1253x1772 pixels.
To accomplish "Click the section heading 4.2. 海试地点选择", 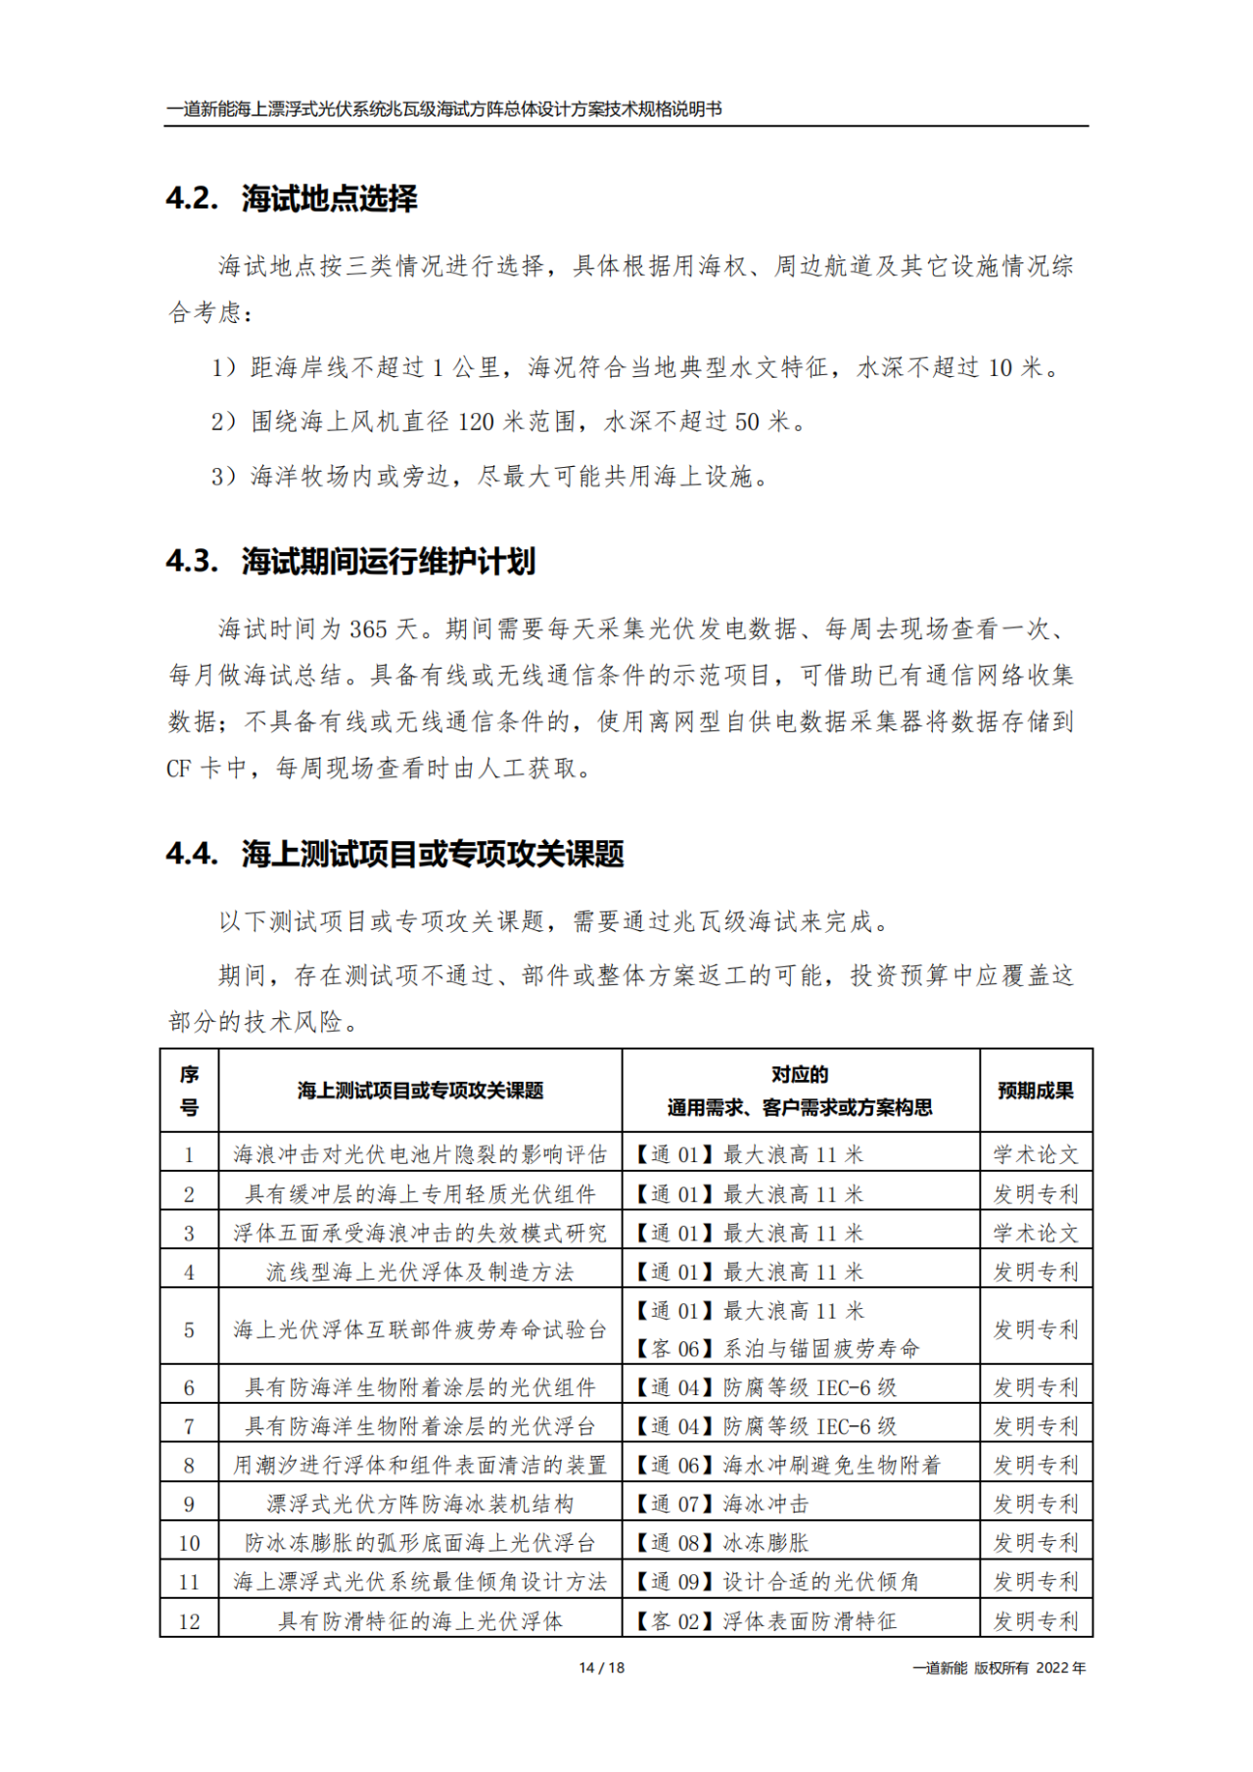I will click(x=292, y=199).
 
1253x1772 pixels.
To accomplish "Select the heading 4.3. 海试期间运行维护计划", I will click(x=350, y=562).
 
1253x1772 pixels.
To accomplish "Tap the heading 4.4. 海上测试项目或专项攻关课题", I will click(x=394, y=854).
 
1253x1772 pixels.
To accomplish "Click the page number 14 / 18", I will click(x=601, y=1667).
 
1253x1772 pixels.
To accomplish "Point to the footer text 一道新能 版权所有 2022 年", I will click(x=998, y=1667).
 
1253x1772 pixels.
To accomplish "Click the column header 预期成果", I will click(x=1035, y=1091).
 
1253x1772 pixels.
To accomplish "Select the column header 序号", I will click(x=189, y=1091).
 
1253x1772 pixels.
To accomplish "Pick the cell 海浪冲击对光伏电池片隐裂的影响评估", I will click(x=420, y=1155).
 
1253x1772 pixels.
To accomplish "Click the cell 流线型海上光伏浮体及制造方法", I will click(x=420, y=1272).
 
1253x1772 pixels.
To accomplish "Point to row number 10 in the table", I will click(x=189, y=1543).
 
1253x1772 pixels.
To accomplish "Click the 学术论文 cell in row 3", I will click(x=1035, y=1234).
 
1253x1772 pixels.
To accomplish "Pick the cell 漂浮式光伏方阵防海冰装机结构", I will click(x=420, y=1504).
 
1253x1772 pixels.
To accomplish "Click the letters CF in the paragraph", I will click(x=178, y=769).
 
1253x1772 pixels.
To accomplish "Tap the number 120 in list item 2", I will click(x=476, y=422).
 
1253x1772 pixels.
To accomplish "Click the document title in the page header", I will click(x=444, y=110).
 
